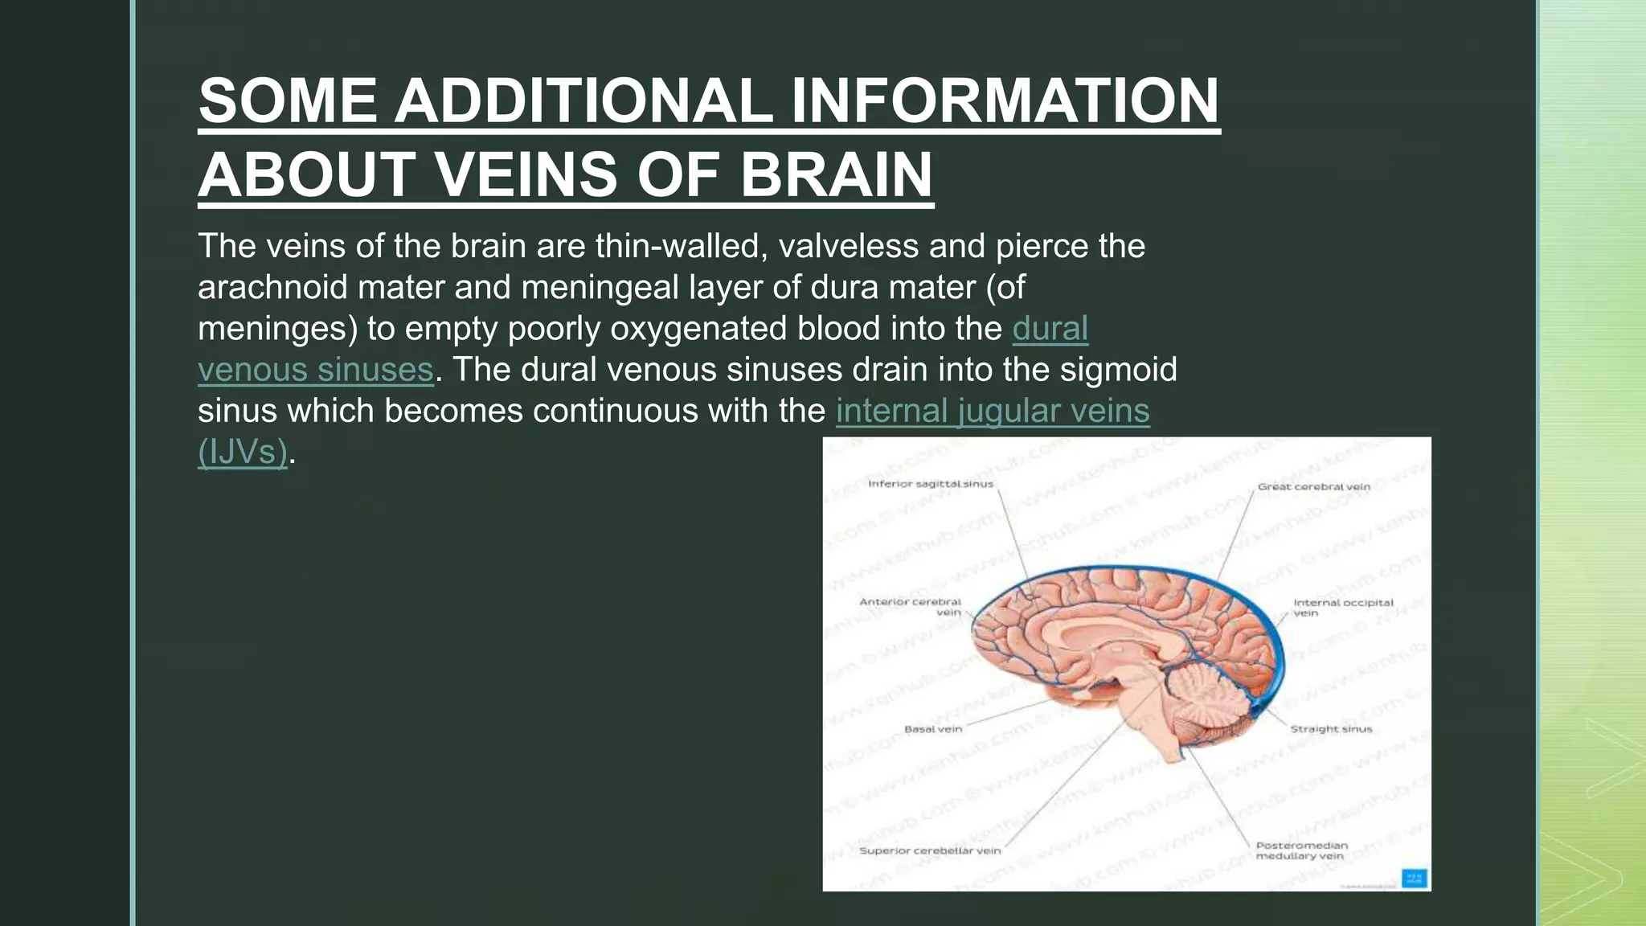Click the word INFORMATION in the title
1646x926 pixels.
[1005, 101]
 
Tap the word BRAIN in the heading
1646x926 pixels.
[836, 175]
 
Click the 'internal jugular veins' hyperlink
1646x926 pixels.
[993, 411]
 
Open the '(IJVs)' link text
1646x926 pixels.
[242, 452]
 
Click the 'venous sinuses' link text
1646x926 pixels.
[316, 370]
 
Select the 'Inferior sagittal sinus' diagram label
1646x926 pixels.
[931, 484]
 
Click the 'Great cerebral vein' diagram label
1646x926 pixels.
[1313, 486]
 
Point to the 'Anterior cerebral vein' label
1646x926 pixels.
[911, 607]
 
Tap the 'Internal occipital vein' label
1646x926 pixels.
[1342, 608]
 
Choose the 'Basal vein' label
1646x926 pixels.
[932, 729]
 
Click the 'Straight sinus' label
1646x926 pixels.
[1331, 729]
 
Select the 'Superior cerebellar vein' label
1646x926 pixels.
[930, 850]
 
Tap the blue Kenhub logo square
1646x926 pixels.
[1414, 878]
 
